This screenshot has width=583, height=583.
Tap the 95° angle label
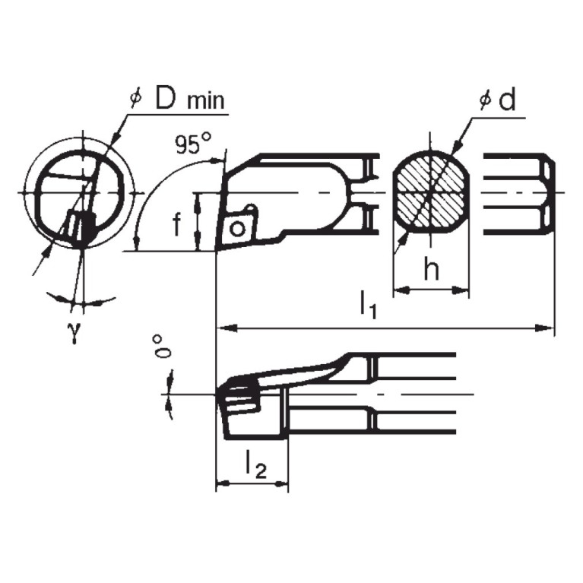[191, 144]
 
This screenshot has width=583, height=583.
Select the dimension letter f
[176, 226]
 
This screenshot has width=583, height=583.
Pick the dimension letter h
[431, 271]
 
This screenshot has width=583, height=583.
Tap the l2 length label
[256, 466]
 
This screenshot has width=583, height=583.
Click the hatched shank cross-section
[429, 193]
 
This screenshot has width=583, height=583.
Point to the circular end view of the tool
[79, 194]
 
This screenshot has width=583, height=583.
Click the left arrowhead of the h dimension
[398, 289]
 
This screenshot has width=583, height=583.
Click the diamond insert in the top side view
[237, 226]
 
